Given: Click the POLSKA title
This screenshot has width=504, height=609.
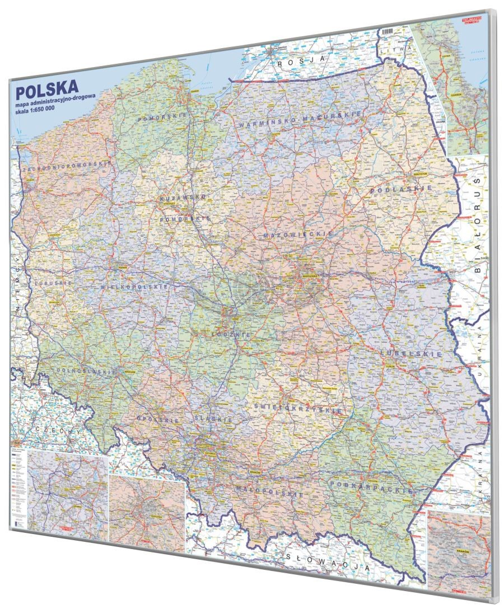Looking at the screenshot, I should tap(47, 90).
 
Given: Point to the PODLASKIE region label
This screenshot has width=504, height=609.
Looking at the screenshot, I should tap(400, 190).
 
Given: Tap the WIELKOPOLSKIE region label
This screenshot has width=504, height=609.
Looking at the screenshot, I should tap(134, 287).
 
